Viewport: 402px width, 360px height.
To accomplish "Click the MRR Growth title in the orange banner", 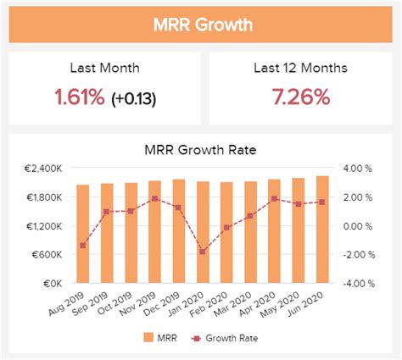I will pos(201,24).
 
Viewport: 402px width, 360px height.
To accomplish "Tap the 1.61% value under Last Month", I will pos(79,98).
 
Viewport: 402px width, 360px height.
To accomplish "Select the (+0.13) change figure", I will pos(134,99).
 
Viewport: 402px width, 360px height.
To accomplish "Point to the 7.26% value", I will pos(301,98).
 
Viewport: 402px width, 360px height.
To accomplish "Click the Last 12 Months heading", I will pos(302,69).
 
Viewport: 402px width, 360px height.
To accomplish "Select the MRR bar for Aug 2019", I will pos(82,233).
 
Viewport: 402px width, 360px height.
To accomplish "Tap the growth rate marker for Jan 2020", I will pos(203,252).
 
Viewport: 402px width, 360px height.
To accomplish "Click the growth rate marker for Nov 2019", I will pos(154,199).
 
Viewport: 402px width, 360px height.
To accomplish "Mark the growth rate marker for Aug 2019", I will pos(82,246).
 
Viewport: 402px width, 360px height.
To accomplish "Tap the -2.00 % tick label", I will pos(356,255).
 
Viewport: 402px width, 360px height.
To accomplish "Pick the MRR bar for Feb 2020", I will pos(226,231).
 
